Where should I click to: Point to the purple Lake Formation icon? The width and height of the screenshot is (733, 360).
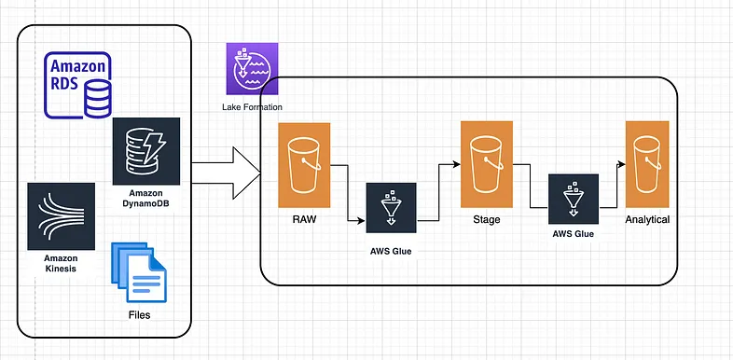pyautogui.click(x=247, y=70)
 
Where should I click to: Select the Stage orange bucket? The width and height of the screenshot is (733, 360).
pyautogui.click(x=488, y=163)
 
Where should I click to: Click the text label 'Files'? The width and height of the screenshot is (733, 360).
pyautogui.click(x=138, y=315)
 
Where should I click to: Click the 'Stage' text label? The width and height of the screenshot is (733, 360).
pyautogui.click(x=488, y=220)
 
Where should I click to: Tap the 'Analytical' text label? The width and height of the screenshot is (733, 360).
pyautogui.click(x=647, y=220)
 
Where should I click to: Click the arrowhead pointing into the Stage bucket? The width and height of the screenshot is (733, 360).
pyautogui.click(x=457, y=164)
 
